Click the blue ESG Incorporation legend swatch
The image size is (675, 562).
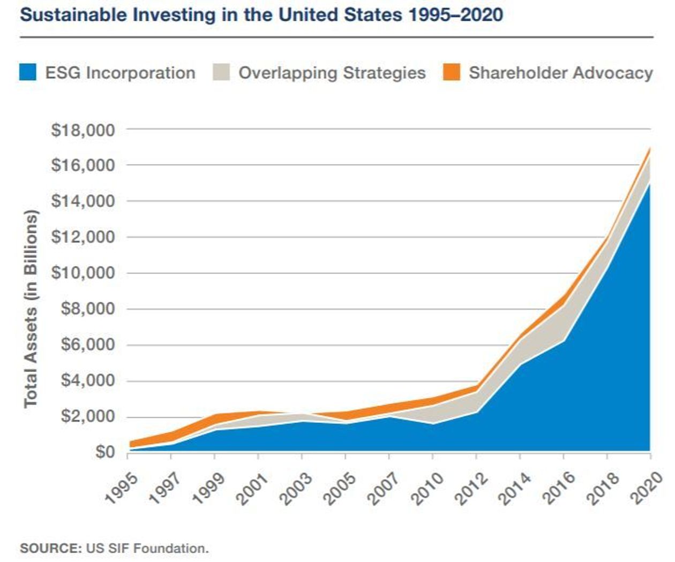tap(28, 72)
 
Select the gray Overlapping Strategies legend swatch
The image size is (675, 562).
tap(221, 72)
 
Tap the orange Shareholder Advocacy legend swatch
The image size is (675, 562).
tap(452, 72)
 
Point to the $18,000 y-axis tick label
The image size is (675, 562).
tap(83, 130)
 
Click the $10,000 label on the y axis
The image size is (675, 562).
tap(83, 273)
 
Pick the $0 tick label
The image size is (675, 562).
tap(104, 452)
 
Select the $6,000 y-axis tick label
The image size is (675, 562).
tap(88, 345)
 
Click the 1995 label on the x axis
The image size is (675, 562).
tap(121, 488)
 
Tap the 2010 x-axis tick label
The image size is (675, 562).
tap(427, 488)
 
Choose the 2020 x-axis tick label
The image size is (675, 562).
tap(646, 488)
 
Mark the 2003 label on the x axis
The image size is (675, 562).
tap(296, 488)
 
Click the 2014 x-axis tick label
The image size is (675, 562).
tap(514, 488)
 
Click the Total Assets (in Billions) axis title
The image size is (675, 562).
tap(31, 308)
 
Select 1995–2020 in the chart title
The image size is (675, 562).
tap(455, 14)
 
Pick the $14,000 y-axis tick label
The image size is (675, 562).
tap(83, 201)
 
